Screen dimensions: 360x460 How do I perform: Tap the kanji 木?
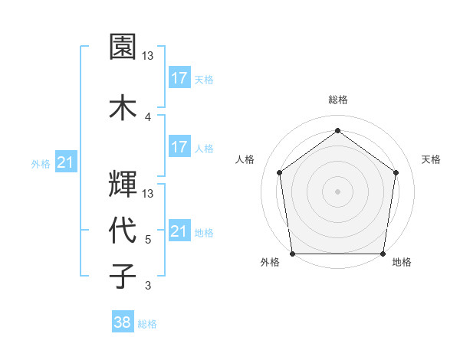tap(123, 106)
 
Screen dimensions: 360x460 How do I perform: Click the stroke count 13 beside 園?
tap(149, 56)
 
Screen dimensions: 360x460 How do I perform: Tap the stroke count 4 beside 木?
tap(148, 116)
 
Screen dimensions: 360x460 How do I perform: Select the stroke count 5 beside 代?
tap(148, 239)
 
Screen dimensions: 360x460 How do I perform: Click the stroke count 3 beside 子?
tap(148, 286)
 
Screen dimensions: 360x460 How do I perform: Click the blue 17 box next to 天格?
tap(179, 77)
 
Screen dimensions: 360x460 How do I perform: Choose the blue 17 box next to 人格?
tap(179, 147)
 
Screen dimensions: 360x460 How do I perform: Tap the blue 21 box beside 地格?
tap(179, 231)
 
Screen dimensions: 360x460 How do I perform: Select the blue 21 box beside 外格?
tap(66, 162)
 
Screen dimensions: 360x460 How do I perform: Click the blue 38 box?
tap(123, 322)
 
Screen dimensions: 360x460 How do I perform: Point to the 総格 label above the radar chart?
tap(338, 100)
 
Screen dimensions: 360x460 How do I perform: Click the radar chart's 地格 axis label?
tap(402, 262)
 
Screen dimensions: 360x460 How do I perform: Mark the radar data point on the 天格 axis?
tap(396, 172)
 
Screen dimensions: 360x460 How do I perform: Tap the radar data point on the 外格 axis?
tap(292, 254)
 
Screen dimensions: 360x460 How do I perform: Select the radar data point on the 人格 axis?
tap(279, 172)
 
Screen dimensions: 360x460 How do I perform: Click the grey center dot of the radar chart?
tap(337, 191)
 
